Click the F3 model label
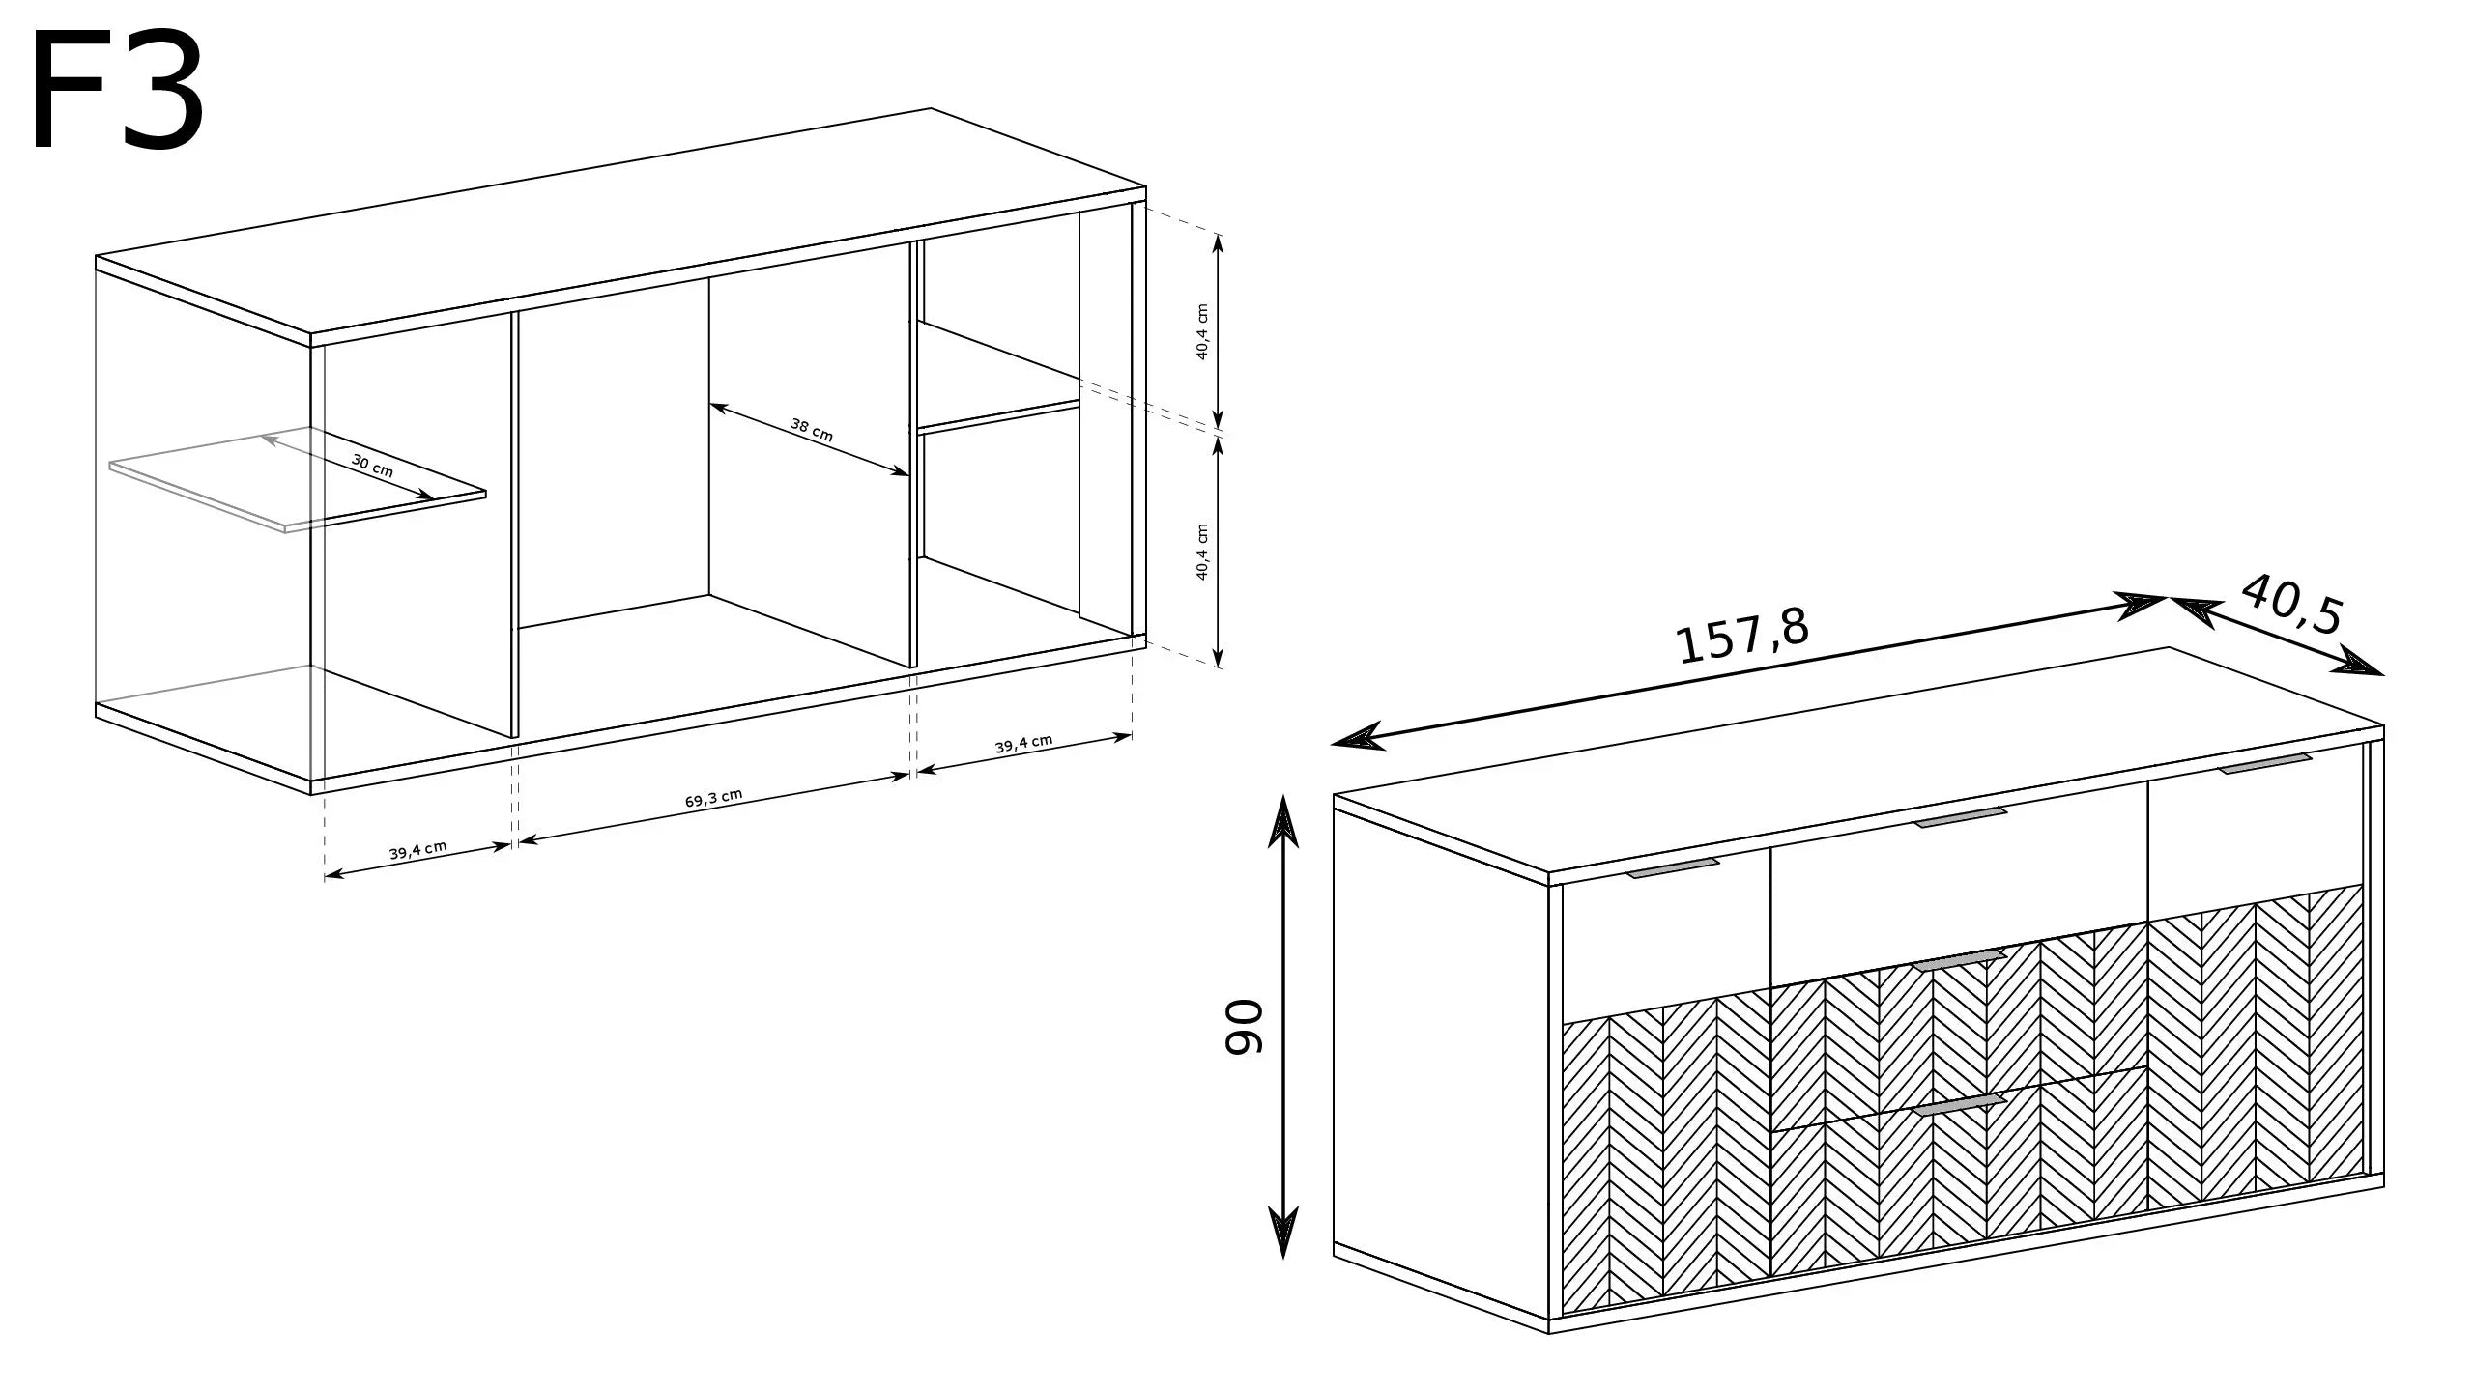(x=118, y=94)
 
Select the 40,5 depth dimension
(x=2290, y=604)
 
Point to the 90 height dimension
(x=1244, y=1027)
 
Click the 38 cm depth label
(x=811, y=430)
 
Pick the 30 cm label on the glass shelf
(x=372, y=466)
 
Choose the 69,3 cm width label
(x=713, y=798)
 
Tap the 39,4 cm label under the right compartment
(x=1023, y=744)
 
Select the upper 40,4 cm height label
(x=1202, y=331)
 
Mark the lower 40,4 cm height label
(x=1202, y=552)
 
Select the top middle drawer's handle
(x=1961, y=817)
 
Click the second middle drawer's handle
(x=1958, y=987)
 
